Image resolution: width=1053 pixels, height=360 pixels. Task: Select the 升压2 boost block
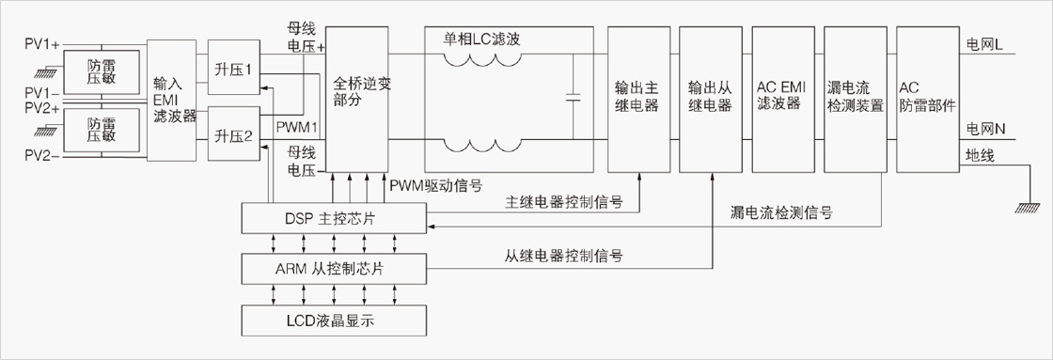click(x=234, y=133)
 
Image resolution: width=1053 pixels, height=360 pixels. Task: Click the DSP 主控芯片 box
click(x=333, y=219)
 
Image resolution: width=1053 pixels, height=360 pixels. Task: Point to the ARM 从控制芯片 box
click(x=333, y=270)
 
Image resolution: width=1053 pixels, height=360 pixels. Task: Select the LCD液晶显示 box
click(x=333, y=321)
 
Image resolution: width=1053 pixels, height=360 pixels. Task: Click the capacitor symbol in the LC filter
click(x=573, y=98)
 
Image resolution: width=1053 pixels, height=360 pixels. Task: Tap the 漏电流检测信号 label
click(x=781, y=213)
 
